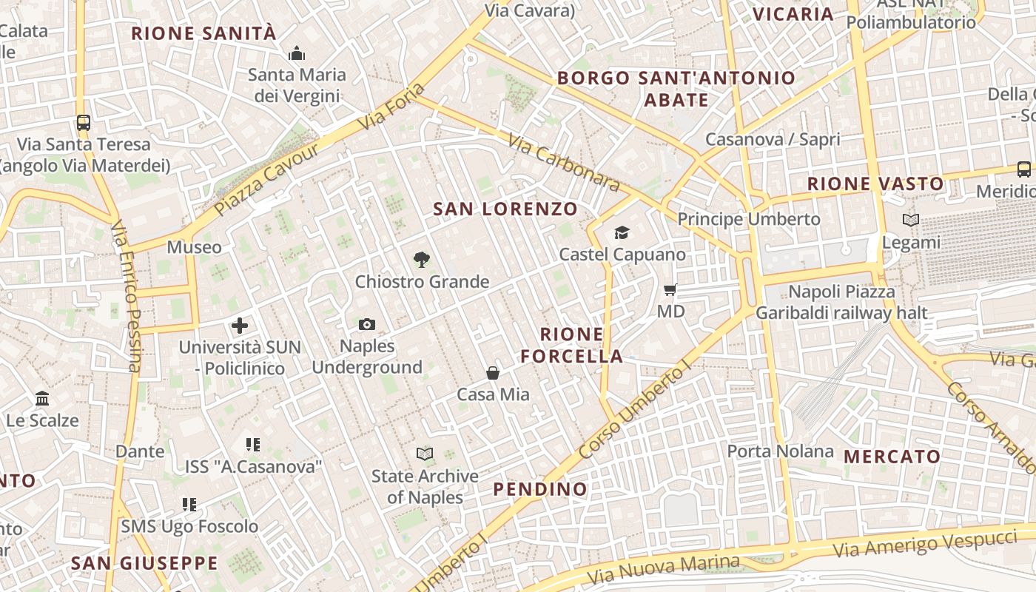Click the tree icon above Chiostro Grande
(422, 259)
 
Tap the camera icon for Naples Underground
(366, 324)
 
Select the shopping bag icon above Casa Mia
(493, 373)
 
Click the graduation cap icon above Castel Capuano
(622, 233)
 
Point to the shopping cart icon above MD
(670, 289)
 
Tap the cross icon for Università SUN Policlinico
(240, 325)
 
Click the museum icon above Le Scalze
(42, 399)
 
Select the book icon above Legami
(911, 220)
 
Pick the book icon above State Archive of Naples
(425, 454)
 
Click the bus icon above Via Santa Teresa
(84, 123)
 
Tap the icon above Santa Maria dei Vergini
(297, 53)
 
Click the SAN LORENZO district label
(505, 209)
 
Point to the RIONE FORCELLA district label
(571, 345)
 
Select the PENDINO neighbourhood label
(540, 489)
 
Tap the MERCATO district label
(892, 457)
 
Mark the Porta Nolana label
(780, 451)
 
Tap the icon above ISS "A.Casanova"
(253, 445)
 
